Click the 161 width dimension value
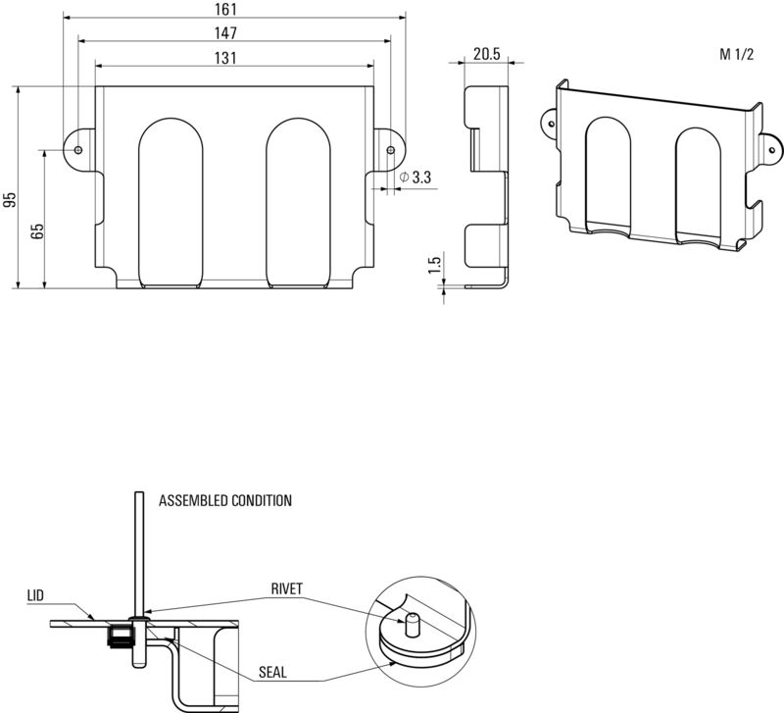coord(225,9)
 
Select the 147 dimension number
coord(225,33)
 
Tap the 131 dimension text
coord(225,58)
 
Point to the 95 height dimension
coord(10,200)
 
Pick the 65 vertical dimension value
coord(37,231)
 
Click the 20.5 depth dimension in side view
coord(486,54)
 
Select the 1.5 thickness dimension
coord(435,265)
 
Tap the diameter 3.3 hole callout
coord(416,178)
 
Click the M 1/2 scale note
coord(736,54)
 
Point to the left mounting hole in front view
coord(78,150)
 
